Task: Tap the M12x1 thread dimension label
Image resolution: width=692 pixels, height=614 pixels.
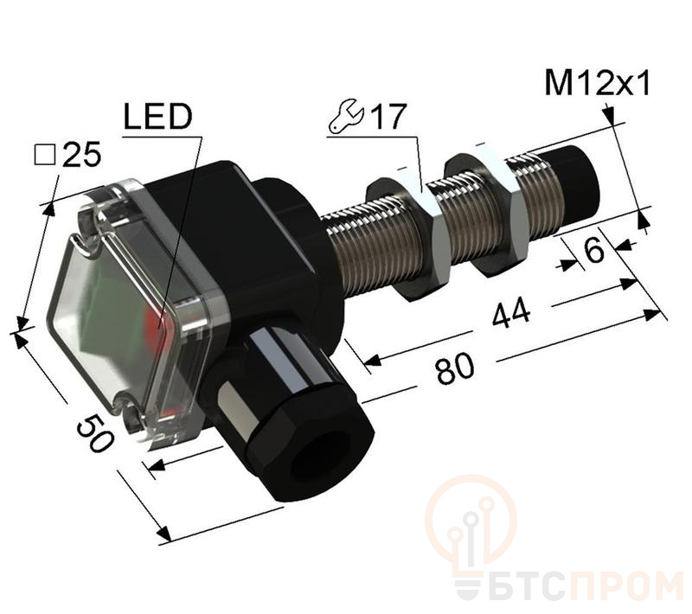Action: tap(598, 85)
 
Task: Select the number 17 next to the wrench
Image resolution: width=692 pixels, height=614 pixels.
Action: tap(387, 118)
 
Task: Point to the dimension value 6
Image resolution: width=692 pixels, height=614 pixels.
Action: tap(593, 249)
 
